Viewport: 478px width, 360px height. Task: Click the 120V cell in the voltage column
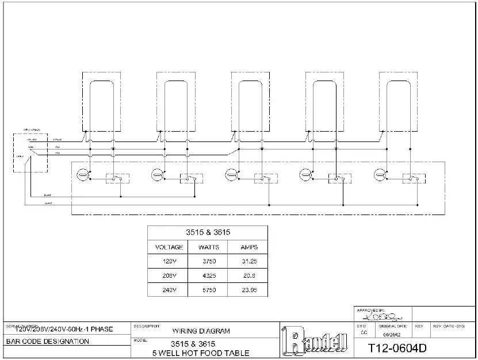click(x=169, y=262)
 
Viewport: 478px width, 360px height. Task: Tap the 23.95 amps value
click(x=247, y=290)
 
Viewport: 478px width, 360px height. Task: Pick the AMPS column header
click(x=247, y=247)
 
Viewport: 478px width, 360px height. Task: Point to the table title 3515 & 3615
click(x=208, y=232)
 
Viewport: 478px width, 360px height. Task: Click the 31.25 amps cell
click(x=247, y=262)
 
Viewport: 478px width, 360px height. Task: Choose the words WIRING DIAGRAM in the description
click(x=201, y=331)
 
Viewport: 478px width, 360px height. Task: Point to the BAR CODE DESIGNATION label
click(x=48, y=342)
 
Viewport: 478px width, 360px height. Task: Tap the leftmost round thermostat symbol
click(x=82, y=174)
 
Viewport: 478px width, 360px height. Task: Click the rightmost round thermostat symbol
click(x=380, y=174)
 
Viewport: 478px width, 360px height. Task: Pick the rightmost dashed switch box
click(x=411, y=178)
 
